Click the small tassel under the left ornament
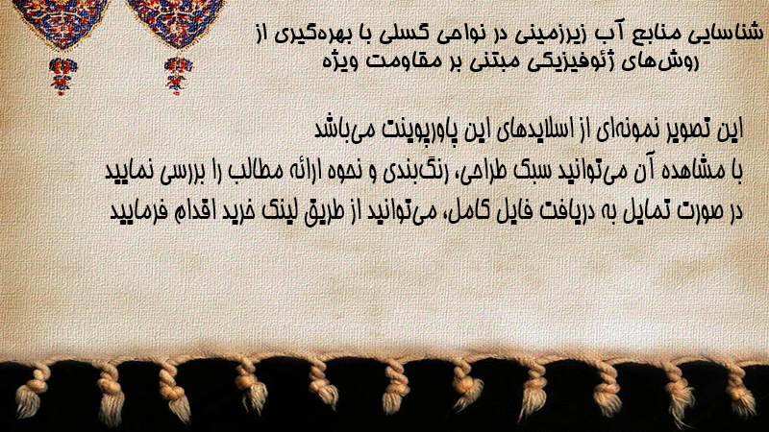coord(62,76)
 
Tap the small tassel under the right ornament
coord(178,76)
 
